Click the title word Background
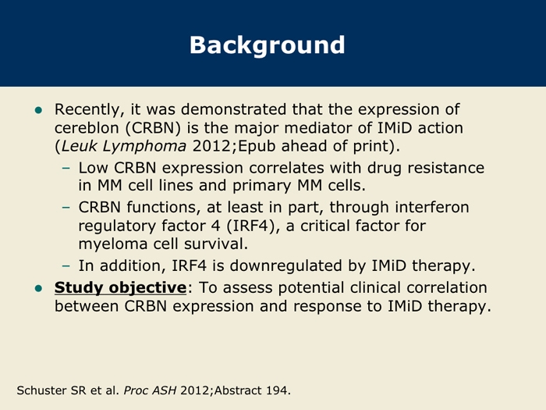pyautogui.click(x=267, y=45)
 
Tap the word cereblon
pyautogui.click(x=87, y=127)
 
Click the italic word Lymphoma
pyautogui.click(x=144, y=147)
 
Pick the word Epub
pyautogui.click(x=257, y=147)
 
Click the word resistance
pyautogui.click(x=445, y=168)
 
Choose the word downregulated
pyautogui.click(x=286, y=266)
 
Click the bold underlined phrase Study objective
pyautogui.click(x=120, y=288)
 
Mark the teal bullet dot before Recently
pyautogui.click(x=38, y=111)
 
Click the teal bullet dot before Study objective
pyautogui.click(x=38, y=289)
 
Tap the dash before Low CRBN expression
pyautogui.click(x=66, y=169)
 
